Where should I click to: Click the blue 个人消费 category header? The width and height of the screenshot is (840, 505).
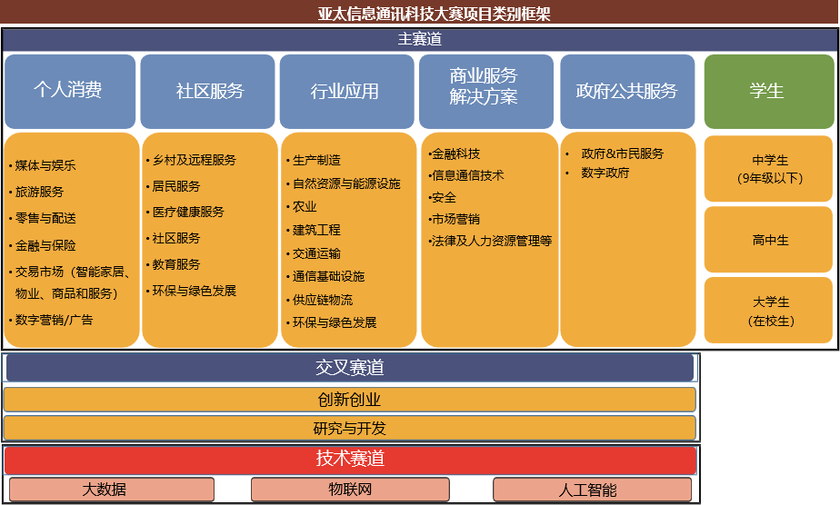(x=70, y=91)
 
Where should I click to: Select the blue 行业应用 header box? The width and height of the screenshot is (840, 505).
(x=346, y=91)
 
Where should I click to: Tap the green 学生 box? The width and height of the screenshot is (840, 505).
(x=769, y=91)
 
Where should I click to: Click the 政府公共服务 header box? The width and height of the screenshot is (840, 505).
(x=627, y=91)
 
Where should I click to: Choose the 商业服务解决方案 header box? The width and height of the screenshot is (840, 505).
(x=485, y=91)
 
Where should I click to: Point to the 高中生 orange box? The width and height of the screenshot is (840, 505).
(x=768, y=240)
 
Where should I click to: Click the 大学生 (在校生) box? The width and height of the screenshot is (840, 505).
(x=768, y=311)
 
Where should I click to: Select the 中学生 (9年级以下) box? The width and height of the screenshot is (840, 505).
(x=768, y=169)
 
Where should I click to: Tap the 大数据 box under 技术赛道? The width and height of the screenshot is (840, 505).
(x=112, y=490)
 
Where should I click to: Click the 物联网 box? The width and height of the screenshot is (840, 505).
(x=350, y=490)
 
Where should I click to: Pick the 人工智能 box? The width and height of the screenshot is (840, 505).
(x=592, y=490)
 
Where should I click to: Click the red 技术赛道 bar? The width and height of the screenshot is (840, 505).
(x=350, y=460)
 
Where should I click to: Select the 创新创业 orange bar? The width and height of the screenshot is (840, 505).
(x=349, y=400)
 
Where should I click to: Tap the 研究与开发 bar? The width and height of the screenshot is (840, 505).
(x=349, y=429)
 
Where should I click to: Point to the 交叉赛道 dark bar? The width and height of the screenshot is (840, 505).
(x=349, y=368)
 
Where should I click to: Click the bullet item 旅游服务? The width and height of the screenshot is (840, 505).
(x=39, y=192)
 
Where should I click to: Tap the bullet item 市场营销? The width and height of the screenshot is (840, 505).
(x=455, y=219)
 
